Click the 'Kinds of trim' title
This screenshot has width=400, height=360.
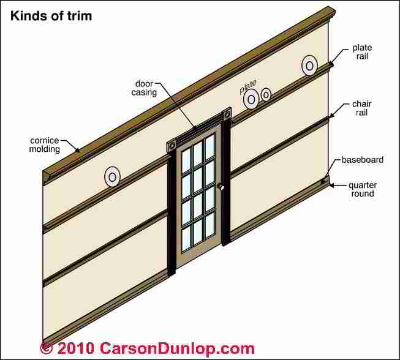click(51, 16)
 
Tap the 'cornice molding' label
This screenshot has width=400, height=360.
click(45, 144)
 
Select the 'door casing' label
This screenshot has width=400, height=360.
click(144, 88)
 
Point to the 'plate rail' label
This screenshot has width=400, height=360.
click(362, 52)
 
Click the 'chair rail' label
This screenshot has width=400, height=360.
click(362, 108)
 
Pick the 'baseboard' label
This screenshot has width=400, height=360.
click(363, 160)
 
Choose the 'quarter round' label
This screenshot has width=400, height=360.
click(363, 189)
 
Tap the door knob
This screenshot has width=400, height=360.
click(221, 187)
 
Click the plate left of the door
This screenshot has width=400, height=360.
click(112, 177)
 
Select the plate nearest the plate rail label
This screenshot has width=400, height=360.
click(309, 66)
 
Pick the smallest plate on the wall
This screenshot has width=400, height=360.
click(266, 94)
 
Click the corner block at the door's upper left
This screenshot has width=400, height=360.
click(172, 146)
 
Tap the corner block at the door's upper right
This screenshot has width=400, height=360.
click(227, 114)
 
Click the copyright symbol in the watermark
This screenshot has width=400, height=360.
click(46, 348)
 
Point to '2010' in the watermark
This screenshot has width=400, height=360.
click(75, 348)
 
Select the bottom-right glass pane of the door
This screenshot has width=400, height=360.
click(209, 224)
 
